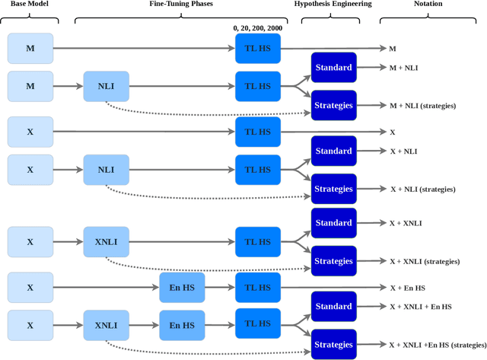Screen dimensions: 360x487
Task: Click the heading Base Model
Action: pos(29,5)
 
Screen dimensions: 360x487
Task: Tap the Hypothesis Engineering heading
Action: pos(334,5)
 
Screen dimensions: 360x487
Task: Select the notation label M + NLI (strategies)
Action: pos(422,105)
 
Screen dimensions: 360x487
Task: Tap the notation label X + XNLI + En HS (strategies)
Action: pos(437,344)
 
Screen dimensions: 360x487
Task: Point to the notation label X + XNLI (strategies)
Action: pos(425,261)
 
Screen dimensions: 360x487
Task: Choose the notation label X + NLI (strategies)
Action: pos(423,189)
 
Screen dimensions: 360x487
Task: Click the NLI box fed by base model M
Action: pos(107,86)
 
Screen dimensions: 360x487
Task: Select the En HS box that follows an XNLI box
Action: pos(182,325)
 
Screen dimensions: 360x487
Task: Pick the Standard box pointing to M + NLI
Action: pos(333,68)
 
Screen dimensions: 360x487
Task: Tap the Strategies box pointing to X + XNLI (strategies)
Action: pos(333,260)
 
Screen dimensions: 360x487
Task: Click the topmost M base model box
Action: pos(30,48)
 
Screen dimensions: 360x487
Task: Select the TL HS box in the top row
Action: pos(258,48)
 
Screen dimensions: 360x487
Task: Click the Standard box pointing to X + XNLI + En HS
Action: pos(333,306)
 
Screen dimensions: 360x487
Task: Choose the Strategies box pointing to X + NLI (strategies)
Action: pos(333,189)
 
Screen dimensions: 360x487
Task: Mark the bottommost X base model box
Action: pos(30,325)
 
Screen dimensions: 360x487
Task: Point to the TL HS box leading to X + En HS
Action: pos(258,287)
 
